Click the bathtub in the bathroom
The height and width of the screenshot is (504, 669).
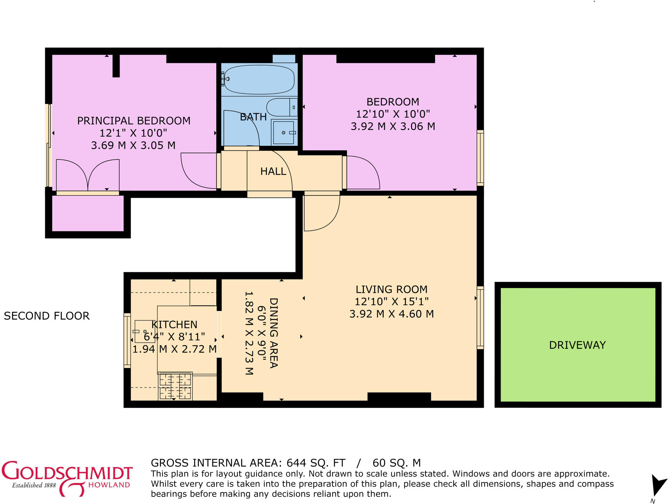[x=259, y=79]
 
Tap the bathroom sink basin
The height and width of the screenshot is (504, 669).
[x=284, y=132]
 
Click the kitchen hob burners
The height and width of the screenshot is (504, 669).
[x=175, y=386]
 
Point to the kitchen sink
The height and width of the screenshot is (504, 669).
[x=144, y=331]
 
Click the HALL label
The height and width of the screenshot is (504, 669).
[x=273, y=171]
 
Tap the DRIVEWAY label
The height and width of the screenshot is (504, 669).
[x=577, y=345]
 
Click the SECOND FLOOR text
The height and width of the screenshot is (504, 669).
[x=47, y=316]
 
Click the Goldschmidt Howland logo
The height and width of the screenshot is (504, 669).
[x=67, y=478]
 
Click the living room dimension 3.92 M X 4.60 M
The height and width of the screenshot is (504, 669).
[x=391, y=314]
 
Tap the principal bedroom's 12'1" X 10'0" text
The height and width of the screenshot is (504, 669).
[x=133, y=133]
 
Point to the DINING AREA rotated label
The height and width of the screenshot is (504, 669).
[x=273, y=333]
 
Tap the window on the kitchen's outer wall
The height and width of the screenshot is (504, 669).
[x=127, y=340]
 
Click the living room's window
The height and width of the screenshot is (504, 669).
[x=480, y=317]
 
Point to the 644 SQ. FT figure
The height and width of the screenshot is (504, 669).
[x=316, y=463]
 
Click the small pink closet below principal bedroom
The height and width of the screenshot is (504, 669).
[x=88, y=213]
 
